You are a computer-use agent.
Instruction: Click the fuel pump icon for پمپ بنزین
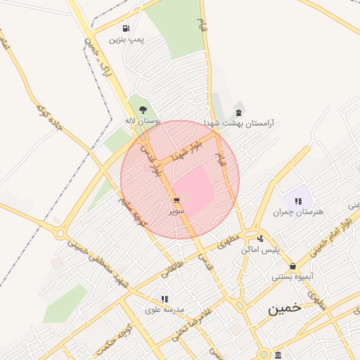pos(126,29)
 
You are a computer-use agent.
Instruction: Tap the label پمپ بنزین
pos(126,40)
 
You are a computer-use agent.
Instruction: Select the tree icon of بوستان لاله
pos(143,110)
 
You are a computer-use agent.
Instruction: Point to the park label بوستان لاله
pos(143,121)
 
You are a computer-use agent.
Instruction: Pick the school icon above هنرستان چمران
pos(298,201)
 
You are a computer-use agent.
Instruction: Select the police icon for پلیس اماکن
pos(261,239)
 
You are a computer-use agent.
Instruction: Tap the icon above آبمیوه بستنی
pos(292,266)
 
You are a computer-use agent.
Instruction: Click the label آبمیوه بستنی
pos(292,277)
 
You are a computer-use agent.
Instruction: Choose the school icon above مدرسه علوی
pos(165,299)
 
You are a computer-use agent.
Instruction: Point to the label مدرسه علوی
pos(165,309)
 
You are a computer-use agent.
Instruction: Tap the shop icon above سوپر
pos(176,200)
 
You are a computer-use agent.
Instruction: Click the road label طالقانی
pos(172,266)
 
